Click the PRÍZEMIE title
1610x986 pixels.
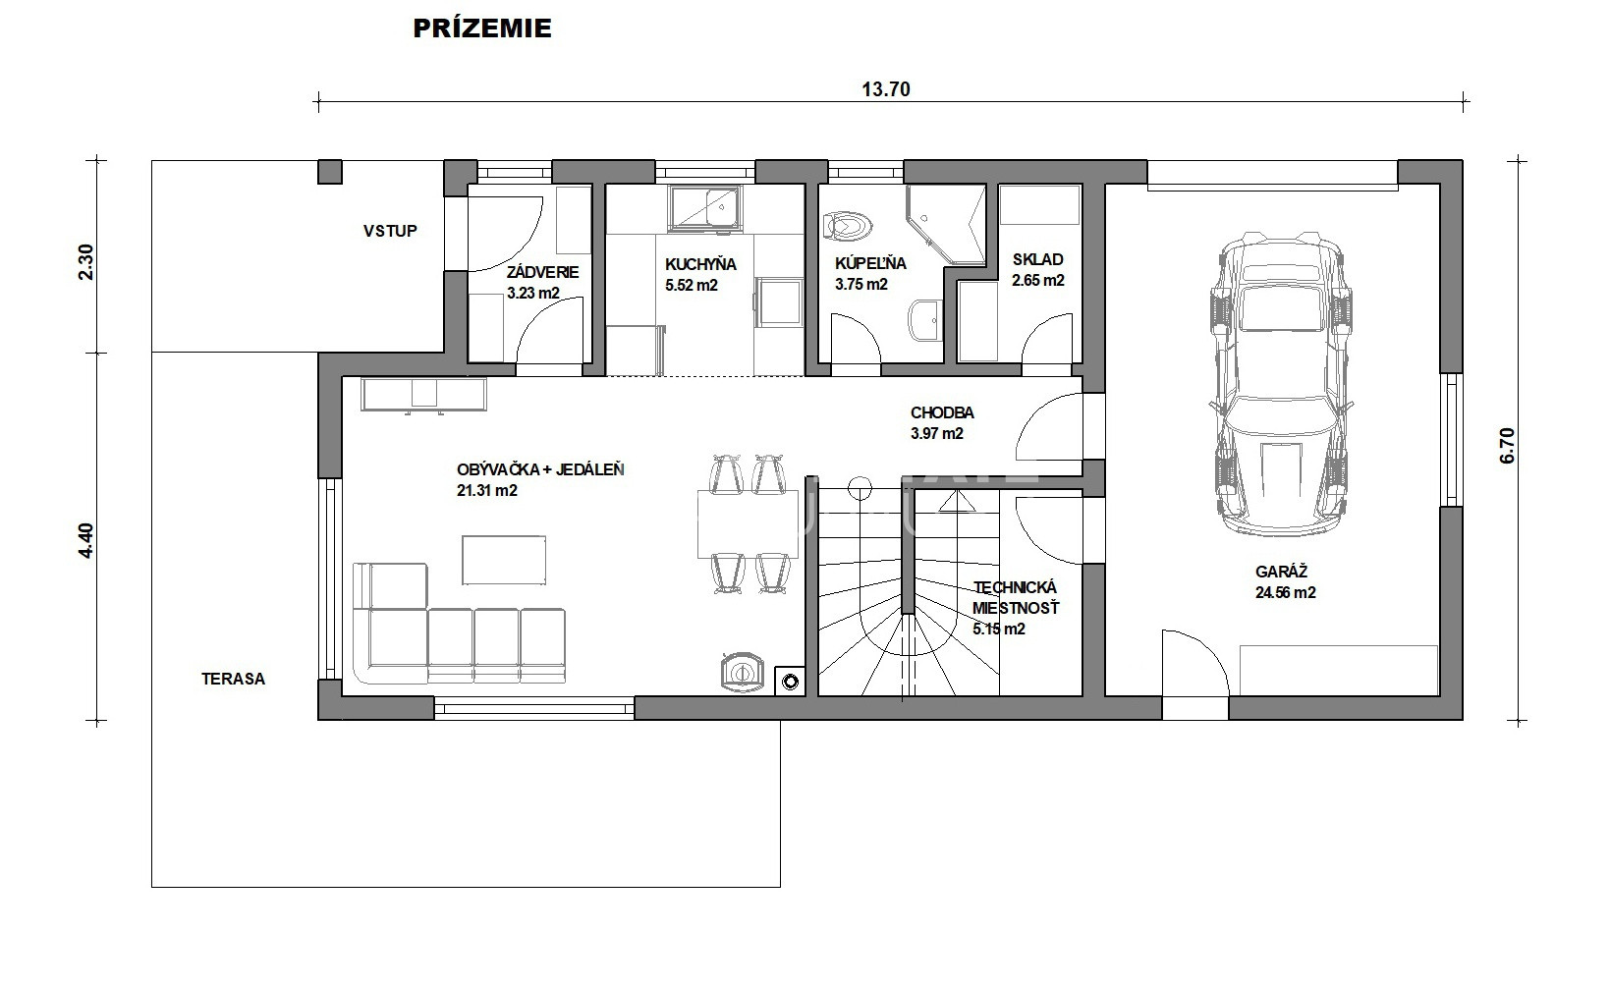pyautogui.click(x=482, y=28)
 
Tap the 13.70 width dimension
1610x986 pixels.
pyautogui.click(x=885, y=89)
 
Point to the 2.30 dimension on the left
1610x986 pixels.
pyautogui.click(x=85, y=261)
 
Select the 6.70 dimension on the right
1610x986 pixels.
pyautogui.click(x=1507, y=446)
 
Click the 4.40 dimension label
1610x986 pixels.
pyautogui.click(x=85, y=540)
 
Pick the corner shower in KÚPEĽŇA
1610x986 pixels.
pyautogui.click(x=945, y=225)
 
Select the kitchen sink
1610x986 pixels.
pyautogui.click(x=704, y=208)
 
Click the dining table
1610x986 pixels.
pyautogui.click(x=748, y=523)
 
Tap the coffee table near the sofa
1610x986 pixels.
pyautogui.click(x=503, y=560)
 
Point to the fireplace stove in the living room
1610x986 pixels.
pyautogui.click(x=742, y=673)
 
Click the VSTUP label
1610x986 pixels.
pyautogui.click(x=390, y=231)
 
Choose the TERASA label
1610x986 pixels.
pyautogui.click(x=233, y=679)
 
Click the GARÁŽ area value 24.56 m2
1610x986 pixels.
pyautogui.click(x=1285, y=593)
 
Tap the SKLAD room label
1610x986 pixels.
pyautogui.click(x=1038, y=259)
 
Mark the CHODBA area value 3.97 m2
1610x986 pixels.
pyautogui.click(x=936, y=433)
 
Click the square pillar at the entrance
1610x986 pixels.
pyautogui.click(x=330, y=172)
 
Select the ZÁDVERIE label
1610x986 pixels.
pyautogui.click(x=542, y=272)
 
